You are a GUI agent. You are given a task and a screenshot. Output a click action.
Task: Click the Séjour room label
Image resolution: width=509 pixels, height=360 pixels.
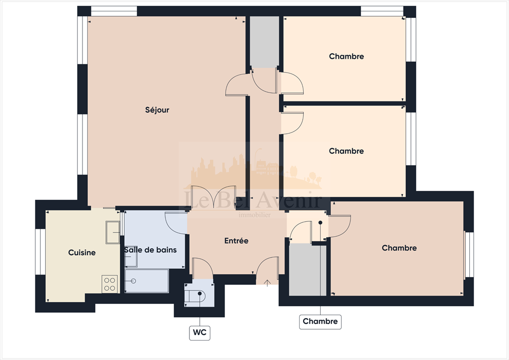(x=157, y=110)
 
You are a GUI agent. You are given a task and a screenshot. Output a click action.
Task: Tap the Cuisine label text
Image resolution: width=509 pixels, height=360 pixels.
(x=82, y=253)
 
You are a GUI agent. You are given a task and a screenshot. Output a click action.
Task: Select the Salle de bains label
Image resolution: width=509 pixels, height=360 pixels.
(x=150, y=250)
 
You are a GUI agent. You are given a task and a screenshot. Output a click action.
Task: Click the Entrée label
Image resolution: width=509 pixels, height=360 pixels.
(x=236, y=241)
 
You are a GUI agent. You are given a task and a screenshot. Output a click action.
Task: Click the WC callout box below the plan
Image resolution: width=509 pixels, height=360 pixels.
(x=200, y=333)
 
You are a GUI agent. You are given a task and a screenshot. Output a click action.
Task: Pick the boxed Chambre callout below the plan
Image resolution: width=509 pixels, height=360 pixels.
(x=320, y=321)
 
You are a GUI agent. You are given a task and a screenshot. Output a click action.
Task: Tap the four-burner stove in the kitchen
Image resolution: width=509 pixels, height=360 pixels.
(x=110, y=284)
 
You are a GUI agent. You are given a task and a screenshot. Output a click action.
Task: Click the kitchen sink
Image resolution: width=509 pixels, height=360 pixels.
(x=113, y=232)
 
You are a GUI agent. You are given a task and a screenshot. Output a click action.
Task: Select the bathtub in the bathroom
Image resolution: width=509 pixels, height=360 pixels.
(x=147, y=281)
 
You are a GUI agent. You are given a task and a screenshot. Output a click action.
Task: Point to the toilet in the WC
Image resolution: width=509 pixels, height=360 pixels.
(x=195, y=295)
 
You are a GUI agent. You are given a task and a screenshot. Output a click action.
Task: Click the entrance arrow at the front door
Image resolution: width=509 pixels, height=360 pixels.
(x=267, y=283)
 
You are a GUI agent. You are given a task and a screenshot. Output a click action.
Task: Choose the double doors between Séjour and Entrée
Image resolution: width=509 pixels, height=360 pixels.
(x=213, y=197)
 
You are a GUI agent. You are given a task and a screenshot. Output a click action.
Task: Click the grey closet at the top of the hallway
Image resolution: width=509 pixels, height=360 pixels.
(x=264, y=42)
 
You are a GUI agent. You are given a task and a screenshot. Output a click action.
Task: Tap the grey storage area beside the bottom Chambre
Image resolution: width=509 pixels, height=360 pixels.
(x=308, y=270)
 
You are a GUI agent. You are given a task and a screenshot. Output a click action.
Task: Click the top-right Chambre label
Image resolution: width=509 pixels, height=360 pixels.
(x=346, y=57)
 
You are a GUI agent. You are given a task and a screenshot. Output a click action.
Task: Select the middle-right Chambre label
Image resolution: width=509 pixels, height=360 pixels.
(x=346, y=151)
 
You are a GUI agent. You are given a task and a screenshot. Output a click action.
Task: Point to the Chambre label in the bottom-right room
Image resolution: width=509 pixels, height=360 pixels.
(x=399, y=248)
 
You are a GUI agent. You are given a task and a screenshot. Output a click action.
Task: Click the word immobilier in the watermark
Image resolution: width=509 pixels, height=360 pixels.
(x=255, y=215)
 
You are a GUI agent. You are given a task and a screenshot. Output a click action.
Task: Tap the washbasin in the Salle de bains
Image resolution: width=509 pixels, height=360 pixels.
(x=131, y=257)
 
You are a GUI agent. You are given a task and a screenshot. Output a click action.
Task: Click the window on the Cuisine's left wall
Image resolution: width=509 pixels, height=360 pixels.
(x=41, y=252)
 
